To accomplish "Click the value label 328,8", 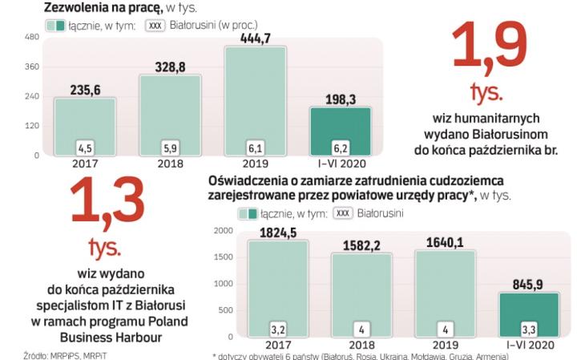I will tap(170, 66).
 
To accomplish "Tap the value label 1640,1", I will tap(446, 241).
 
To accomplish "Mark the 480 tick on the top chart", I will tap(32, 38).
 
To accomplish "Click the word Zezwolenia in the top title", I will tap(77, 7).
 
